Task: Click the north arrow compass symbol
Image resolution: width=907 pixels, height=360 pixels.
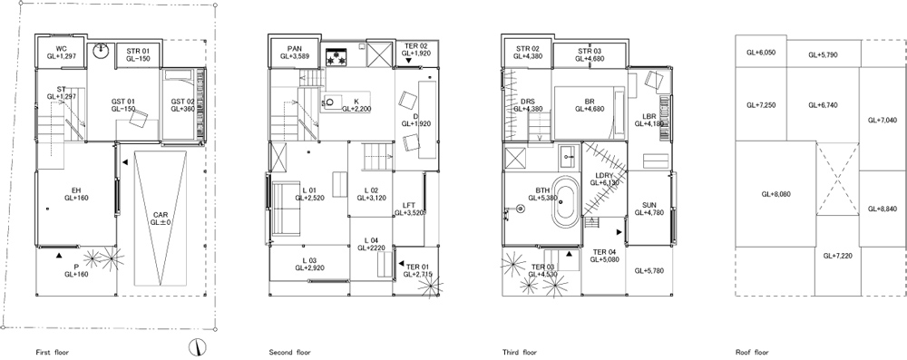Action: pos(197,346)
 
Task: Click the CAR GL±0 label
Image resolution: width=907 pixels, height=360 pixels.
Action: pos(160,218)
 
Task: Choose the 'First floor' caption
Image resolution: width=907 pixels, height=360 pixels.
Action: pos(52,352)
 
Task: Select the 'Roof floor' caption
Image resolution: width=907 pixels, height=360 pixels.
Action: pos(752,352)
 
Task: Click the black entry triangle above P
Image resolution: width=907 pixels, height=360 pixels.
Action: pos(59,255)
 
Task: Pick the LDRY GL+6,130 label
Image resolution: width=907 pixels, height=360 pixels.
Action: pos(604,179)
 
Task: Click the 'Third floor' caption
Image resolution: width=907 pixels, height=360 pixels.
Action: pos(520,352)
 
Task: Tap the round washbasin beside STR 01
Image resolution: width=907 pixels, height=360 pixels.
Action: pos(102,50)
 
